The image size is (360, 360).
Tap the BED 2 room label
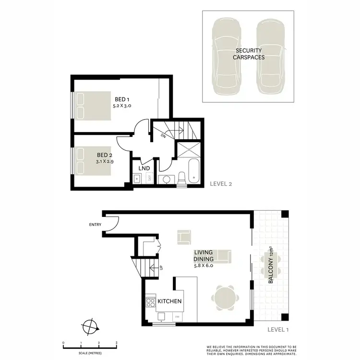(x=105, y=155)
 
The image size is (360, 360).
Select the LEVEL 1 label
(x=279, y=330)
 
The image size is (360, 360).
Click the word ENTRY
(x=96, y=225)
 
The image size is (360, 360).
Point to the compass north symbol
(x=90, y=327)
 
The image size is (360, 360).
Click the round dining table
(x=226, y=297)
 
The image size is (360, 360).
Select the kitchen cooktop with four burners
(x=150, y=302)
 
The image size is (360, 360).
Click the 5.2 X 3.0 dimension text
(x=122, y=105)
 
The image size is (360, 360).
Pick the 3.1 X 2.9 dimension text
(x=105, y=162)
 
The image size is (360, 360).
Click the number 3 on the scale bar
(x=117, y=343)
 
